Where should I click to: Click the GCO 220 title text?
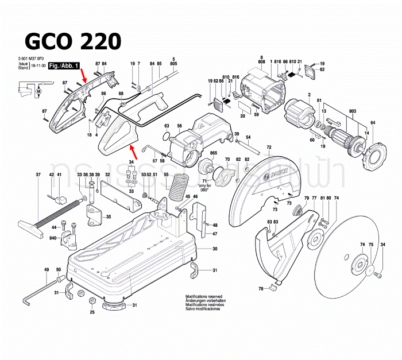72,41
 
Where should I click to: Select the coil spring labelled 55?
180,187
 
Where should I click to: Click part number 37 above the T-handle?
38,175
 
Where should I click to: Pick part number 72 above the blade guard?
269,148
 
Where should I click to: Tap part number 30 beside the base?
214,249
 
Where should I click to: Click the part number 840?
52,237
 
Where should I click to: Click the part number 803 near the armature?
337,111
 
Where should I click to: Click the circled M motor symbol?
39,90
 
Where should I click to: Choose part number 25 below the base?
92,313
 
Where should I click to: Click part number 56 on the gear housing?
179,126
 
